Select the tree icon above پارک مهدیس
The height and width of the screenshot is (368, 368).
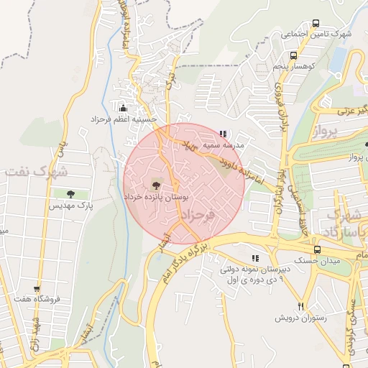pos(70,194)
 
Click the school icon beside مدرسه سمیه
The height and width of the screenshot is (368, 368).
pos(223,134)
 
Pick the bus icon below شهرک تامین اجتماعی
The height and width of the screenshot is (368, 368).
pos(293,55)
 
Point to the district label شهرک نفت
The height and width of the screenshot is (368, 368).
pos(34,172)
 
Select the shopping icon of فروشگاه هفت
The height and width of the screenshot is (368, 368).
pos(37,289)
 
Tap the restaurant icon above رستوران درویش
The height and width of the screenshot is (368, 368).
pos(301,305)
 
